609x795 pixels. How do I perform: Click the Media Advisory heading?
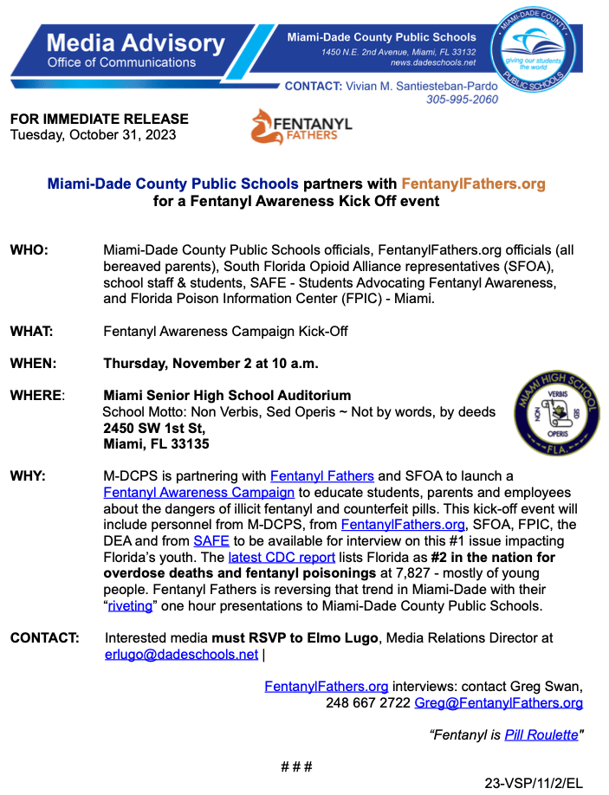135,42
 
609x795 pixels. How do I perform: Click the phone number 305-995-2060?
462,100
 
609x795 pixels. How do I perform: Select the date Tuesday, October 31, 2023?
93,134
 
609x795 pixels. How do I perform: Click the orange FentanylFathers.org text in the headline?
473,184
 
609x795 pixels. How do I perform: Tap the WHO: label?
29,250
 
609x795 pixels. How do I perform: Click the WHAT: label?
32,331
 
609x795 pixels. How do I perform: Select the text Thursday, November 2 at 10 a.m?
211,363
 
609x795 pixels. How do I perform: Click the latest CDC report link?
282,557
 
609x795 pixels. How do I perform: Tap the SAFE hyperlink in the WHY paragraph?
211,540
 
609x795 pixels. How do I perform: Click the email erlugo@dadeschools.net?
181,654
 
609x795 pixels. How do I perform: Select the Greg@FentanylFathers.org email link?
498,702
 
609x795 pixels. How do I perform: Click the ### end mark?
296,766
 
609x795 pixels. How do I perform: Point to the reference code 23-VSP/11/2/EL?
534,783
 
